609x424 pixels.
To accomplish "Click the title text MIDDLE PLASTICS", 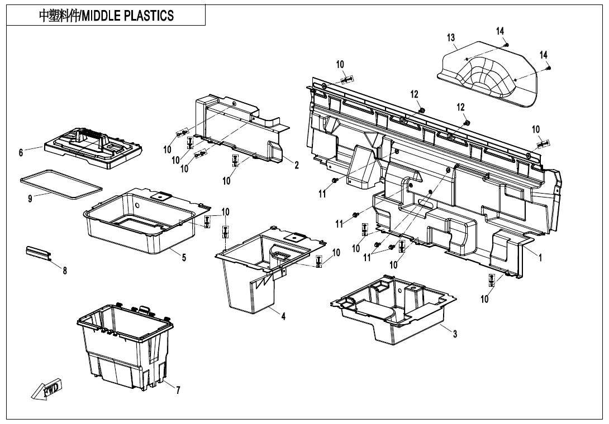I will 106,16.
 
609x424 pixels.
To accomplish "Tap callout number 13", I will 451,38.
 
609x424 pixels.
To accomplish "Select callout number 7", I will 178,390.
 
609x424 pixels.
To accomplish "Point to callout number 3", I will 455,334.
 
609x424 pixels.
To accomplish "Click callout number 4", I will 283,316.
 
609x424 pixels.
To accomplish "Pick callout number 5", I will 184,257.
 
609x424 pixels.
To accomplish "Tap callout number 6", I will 21,152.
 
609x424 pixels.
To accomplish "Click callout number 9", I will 30,199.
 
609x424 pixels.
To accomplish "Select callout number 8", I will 65,271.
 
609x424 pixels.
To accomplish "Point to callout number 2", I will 297,165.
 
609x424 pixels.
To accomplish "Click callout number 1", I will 540,258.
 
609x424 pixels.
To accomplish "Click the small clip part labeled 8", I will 39,252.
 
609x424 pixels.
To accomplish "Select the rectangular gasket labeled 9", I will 60,184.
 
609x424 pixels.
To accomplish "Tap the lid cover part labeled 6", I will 94,146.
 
